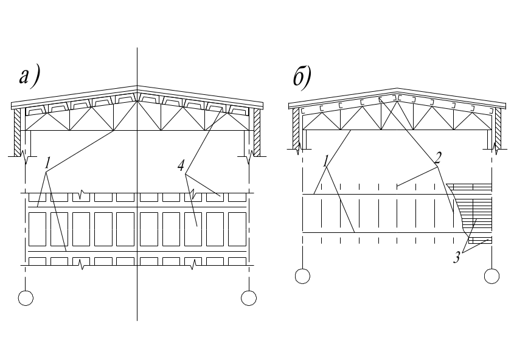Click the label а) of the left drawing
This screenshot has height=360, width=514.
(30, 77)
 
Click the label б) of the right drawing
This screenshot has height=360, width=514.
(302, 78)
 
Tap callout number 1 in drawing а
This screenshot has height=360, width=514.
(48, 163)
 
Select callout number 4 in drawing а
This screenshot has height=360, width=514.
(181, 166)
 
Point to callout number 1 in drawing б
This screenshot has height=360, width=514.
(325, 161)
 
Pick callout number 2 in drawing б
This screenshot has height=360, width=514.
(438, 158)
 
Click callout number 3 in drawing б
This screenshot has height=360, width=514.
(457, 257)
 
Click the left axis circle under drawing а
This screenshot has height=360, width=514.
(26, 298)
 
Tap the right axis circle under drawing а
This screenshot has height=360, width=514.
(249, 298)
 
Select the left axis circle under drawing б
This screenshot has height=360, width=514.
(302, 276)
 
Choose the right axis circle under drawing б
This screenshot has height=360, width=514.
(491, 276)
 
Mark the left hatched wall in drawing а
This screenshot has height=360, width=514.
(18, 133)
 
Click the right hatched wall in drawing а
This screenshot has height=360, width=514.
(257, 133)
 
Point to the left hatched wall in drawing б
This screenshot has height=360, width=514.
(296, 129)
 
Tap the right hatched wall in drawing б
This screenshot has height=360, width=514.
(498, 129)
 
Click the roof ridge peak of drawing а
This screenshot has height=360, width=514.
(137, 86)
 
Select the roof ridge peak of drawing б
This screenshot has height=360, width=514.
(397, 88)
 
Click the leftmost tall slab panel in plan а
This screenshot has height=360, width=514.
(37, 229)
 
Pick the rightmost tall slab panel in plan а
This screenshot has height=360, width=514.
(237, 229)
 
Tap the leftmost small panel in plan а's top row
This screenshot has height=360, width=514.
(37, 197)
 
